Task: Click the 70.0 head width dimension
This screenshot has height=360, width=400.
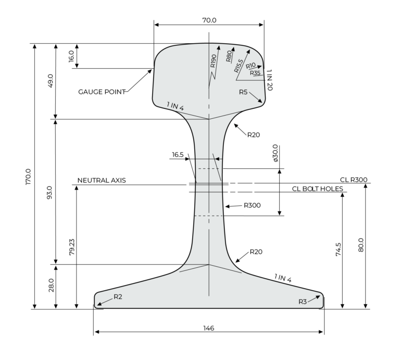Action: tap(208, 20)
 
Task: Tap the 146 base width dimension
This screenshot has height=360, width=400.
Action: tap(208, 328)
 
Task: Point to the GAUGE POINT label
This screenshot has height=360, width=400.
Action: tap(102, 92)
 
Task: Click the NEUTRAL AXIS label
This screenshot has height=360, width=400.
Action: tap(102, 180)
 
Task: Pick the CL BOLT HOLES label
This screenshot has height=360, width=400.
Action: tap(317, 189)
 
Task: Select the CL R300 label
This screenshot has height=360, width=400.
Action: tap(354, 180)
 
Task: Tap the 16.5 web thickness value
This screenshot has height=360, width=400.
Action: tap(178, 155)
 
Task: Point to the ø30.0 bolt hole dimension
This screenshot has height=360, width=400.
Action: tap(276, 153)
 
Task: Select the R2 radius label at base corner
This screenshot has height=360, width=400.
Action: tap(118, 296)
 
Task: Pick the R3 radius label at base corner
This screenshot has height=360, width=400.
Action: tap(303, 301)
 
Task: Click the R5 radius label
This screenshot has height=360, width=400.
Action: tap(243, 92)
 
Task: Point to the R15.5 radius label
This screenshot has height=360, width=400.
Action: tap(238, 65)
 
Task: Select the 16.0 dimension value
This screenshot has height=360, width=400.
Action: tap(71, 56)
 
